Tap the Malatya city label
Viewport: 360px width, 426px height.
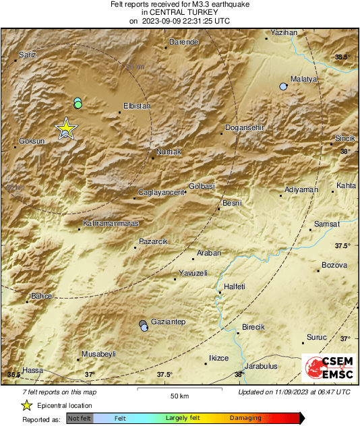tap(303, 79)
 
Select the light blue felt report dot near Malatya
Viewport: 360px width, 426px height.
tap(283, 86)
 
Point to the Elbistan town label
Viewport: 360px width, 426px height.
tap(137, 106)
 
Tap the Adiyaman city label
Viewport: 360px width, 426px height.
tap(301, 189)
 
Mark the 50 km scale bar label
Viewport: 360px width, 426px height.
tap(179, 395)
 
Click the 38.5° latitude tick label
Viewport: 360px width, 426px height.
tap(342, 57)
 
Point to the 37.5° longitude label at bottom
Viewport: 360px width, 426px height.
tap(164, 374)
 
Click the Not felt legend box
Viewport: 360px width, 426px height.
tap(80, 418)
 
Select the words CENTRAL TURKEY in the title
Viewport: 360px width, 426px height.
tap(179, 12)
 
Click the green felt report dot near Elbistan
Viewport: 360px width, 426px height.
tap(78, 104)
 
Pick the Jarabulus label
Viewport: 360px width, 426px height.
tap(261, 366)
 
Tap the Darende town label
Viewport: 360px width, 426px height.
tap(183, 42)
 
